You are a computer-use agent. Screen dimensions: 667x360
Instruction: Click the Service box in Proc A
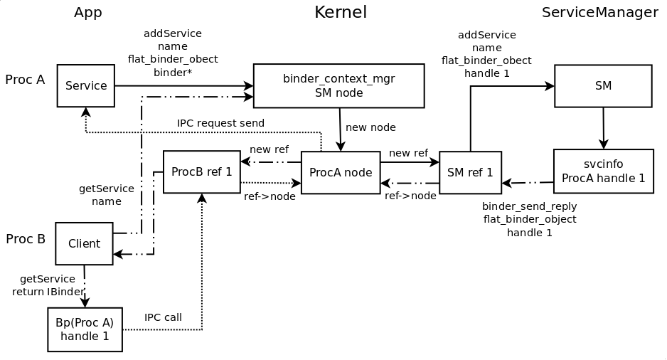(x=86, y=85)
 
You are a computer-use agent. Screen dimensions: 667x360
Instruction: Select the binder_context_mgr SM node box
(x=339, y=85)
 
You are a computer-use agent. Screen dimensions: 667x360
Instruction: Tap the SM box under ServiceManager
(x=603, y=85)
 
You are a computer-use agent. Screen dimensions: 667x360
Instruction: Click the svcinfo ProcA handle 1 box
(x=604, y=171)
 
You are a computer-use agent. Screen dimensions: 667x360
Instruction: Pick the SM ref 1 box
(x=471, y=172)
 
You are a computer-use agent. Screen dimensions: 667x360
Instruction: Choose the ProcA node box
(x=341, y=172)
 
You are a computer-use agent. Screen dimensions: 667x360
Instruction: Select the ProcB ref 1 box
(x=202, y=172)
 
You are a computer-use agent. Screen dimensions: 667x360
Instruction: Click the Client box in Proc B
(x=84, y=243)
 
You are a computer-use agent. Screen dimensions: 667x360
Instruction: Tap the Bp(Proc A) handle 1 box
(x=85, y=329)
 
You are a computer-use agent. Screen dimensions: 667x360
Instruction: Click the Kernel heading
(x=341, y=12)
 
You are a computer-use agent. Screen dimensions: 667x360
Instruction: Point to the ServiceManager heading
(x=599, y=12)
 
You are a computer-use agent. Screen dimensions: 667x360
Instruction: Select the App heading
(x=88, y=12)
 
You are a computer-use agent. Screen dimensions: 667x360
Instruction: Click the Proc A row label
(x=25, y=80)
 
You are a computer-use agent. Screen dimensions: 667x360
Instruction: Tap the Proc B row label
(x=26, y=239)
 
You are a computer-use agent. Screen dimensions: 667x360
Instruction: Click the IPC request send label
(x=220, y=123)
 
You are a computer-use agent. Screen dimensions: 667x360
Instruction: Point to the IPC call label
(x=163, y=317)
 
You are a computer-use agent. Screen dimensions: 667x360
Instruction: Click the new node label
(x=370, y=127)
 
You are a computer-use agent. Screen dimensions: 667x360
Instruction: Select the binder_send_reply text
(x=530, y=206)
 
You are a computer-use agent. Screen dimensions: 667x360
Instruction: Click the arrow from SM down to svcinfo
(x=603, y=127)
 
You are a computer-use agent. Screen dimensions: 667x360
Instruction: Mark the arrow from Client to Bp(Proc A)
(x=85, y=286)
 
